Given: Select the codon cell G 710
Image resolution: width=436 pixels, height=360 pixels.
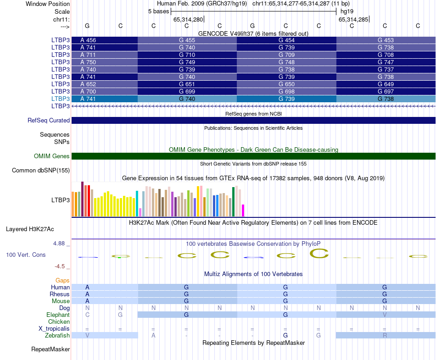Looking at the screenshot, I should (x=187, y=55).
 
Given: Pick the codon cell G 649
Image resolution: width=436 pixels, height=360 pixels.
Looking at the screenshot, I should (x=386, y=84).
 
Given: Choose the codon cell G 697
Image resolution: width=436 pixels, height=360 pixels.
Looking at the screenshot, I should (x=386, y=91).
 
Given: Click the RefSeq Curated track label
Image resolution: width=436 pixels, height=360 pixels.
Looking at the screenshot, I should (x=49, y=121).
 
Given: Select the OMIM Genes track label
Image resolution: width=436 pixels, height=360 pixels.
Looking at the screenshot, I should (x=52, y=156).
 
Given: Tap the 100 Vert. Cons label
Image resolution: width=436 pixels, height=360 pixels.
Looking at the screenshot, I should (x=26, y=255).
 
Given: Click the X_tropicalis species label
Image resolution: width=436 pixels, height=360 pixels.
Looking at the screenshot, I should (x=54, y=329).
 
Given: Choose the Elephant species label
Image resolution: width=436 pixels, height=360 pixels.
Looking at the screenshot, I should (x=58, y=315).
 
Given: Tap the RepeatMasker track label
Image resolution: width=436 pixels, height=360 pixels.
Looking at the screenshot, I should (x=50, y=349).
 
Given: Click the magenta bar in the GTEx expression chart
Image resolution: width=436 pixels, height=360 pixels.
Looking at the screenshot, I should (x=243, y=210).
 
